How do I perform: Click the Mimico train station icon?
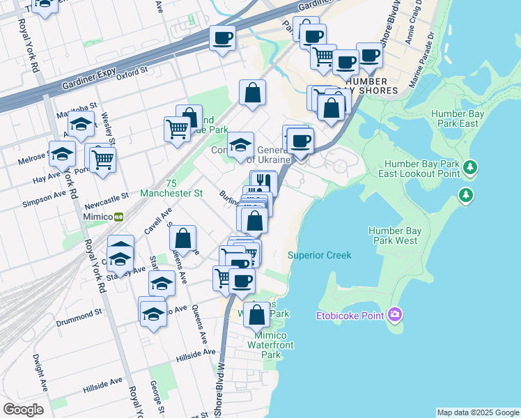(x=119, y=217)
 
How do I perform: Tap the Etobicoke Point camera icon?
(x=396, y=315)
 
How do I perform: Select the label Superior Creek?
(x=320, y=256)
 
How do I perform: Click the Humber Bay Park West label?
(x=393, y=235)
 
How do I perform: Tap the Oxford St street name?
(x=132, y=70)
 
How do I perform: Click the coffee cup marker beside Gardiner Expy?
(x=223, y=39)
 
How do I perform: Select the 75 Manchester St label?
(x=171, y=187)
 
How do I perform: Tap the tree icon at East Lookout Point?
(x=472, y=167)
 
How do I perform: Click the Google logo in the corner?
(x=23, y=410)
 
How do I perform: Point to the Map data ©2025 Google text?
(x=478, y=412)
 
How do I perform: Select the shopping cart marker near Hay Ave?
(x=103, y=160)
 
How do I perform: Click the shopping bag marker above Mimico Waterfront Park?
(x=257, y=315)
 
